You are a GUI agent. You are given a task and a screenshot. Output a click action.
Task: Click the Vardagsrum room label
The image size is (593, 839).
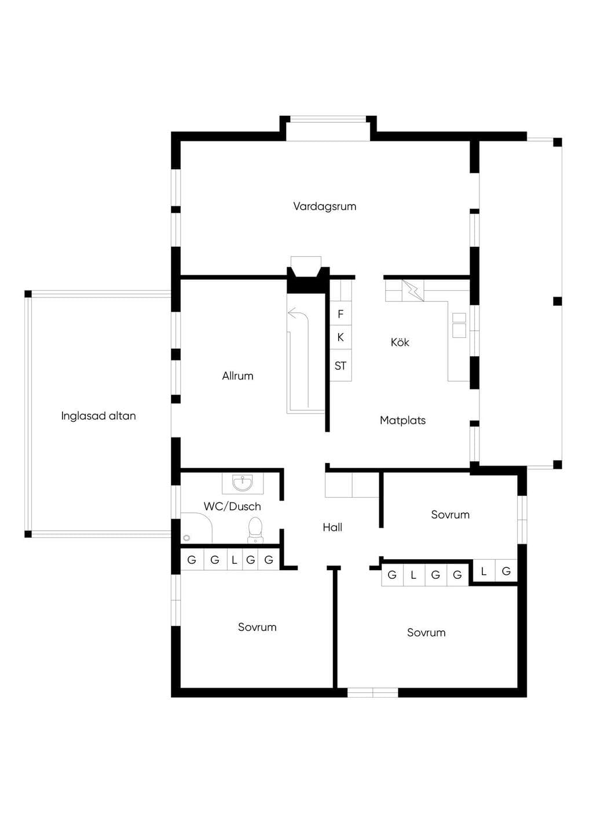324,206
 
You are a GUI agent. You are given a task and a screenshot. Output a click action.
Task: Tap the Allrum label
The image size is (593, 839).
238,375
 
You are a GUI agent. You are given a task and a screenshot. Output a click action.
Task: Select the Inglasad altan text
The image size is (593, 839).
98,416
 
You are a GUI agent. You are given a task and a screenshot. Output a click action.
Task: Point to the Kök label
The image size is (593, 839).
400,342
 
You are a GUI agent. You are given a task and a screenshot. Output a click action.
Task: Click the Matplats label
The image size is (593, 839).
403,420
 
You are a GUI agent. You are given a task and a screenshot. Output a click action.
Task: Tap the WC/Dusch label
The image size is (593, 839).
232,506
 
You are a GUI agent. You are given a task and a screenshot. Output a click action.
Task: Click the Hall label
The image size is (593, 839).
332,527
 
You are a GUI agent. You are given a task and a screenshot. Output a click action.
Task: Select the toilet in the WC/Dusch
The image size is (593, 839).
255,530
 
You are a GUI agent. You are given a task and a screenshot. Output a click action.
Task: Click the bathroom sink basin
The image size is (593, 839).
243,483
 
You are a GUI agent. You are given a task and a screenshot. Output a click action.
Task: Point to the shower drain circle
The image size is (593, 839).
186,538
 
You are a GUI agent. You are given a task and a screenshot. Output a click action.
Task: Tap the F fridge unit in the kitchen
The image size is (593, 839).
341,314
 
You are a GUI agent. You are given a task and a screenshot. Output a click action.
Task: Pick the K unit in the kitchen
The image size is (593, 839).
341,337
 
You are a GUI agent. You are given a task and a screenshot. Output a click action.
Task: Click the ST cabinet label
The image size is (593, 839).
341,366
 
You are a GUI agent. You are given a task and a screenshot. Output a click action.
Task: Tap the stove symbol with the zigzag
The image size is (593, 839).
413,290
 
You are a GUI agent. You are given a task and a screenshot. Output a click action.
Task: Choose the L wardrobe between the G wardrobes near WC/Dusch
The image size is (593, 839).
235,560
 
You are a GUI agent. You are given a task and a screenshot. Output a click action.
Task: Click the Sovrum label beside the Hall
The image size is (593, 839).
450,515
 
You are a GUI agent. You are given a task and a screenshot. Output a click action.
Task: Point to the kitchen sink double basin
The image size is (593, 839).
459,325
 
